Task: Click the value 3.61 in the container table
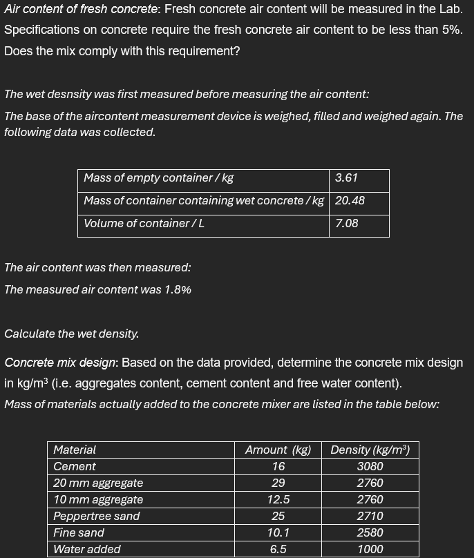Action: click(346, 178)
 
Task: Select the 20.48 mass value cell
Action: click(350, 201)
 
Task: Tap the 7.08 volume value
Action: click(347, 224)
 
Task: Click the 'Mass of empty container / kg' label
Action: click(158, 178)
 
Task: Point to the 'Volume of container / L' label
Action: click(144, 224)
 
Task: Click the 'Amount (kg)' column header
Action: click(278, 450)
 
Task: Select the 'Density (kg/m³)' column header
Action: click(370, 450)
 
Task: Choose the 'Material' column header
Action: click(75, 450)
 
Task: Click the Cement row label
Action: click(75, 467)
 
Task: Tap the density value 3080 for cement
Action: click(370, 467)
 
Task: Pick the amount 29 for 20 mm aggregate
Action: click(278, 483)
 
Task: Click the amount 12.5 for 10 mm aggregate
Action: click(278, 500)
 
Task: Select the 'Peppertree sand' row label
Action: click(97, 517)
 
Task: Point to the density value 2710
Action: click(370, 517)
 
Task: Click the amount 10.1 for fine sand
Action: click(278, 533)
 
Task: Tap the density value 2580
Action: click(370, 533)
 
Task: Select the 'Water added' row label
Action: click(87, 550)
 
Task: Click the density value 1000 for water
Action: click(370, 550)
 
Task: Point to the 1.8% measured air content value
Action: click(178, 290)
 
